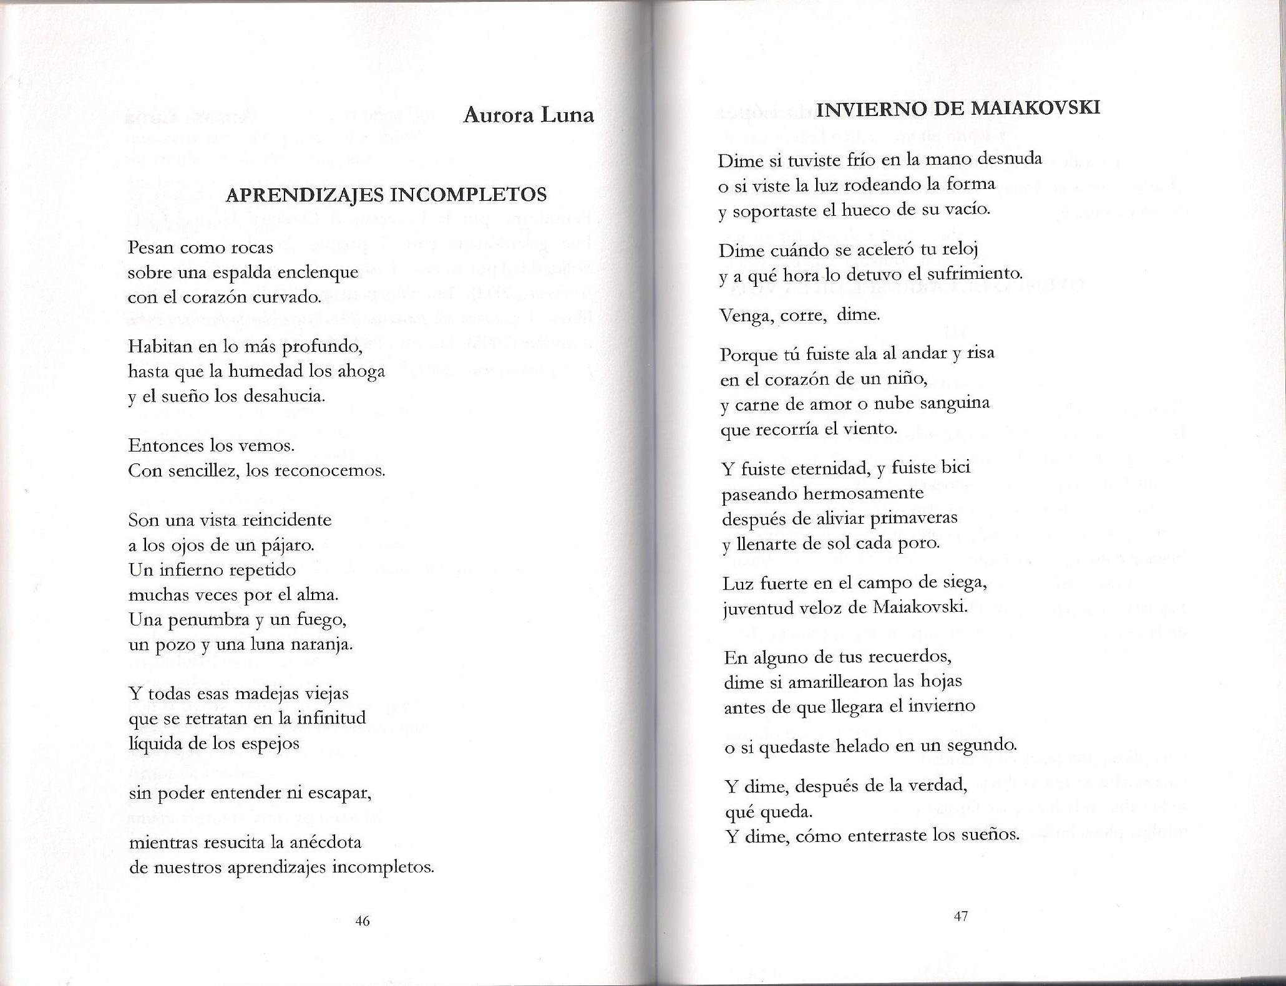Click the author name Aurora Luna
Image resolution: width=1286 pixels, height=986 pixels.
click(x=529, y=115)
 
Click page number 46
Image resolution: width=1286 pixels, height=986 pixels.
click(x=362, y=921)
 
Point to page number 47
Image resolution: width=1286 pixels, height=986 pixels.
click(x=960, y=916)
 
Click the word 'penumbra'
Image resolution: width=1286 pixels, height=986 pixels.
click(x=205, y=621)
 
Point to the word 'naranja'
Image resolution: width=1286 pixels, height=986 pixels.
click(x=322, y=645)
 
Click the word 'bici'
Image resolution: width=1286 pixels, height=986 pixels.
click(x=955, y=468)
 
